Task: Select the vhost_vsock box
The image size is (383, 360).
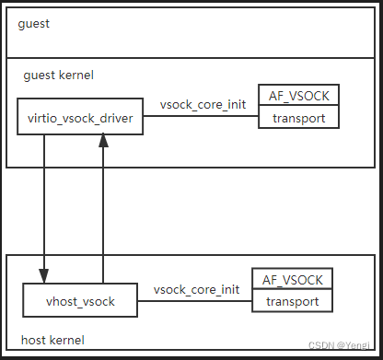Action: pyautogui.click(x=81, y=301)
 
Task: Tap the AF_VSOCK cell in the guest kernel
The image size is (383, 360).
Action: pyautogui.click(x=299, y=95)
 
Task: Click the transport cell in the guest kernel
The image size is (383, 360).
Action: pyautogui.click(x=299, y=117)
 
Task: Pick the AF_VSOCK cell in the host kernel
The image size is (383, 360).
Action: pyautogui.click(x=292, y=279)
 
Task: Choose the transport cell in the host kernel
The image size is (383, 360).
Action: pyautogui.click(x=292, y=301)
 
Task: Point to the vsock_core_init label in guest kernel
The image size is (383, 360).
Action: pyautogui.click(x=203, y=104)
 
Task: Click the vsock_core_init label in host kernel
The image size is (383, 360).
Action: pyautogui.click(x=196, y=289)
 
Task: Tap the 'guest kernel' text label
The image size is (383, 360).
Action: pyautogui.click(x=57, y=74)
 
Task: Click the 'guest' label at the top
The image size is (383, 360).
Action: pyautogui.click(x=33, y=23)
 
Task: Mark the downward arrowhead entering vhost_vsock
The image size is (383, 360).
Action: pyautogui.click(x=43, y=278)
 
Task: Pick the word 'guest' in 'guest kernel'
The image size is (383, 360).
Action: pyautogui.click(x=38, y=74)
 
